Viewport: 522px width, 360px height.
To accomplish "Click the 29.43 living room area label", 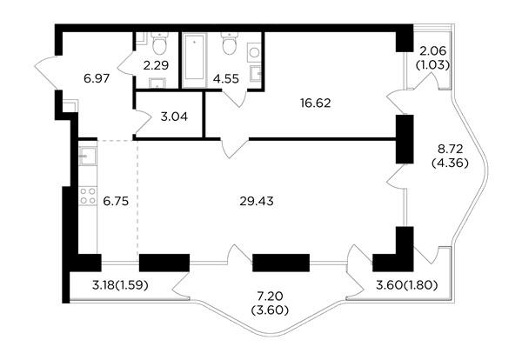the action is pyautogui.click(x=257, y=201).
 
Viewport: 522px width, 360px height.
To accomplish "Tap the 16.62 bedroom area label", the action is pyautogui.click(x=315, y=103).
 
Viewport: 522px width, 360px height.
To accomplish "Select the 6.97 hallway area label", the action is pyautogui.click(x=97, y=79).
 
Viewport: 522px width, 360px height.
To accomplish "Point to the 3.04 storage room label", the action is pyautogui.click(x=174, y=117).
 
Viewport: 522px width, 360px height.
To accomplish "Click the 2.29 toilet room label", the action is pyautogui.click(x=156, y=65).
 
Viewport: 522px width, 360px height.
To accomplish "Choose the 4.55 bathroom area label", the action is pyautogui.click(x=226, y=79).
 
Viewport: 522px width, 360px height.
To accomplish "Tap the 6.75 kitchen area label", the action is pyautogui.click(x=116, y=201).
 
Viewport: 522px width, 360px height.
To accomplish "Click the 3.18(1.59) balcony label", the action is pyautogui.click(x=120, y=285).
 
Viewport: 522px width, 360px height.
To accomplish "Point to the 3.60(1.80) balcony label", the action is pyautogui.click(x=406, y=285).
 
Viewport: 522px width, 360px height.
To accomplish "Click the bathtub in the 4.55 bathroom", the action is pyautogui.click(x=194, y=60).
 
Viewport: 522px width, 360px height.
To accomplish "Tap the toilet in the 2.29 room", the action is pyautogui.click(x=160, y=43).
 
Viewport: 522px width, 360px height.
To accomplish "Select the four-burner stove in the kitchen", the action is pyautogui.click(x=88, y=196).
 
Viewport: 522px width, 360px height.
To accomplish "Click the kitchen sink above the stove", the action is pyautogui.click(x=88, y=156).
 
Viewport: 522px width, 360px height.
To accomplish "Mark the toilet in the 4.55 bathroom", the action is pyautogui.click(x=230, y=43).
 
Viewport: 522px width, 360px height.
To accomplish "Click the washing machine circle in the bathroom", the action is pyautogui.click(x=255, y=53).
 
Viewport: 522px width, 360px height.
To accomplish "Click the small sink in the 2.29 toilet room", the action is pyautogui.click(x=157, y=83).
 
